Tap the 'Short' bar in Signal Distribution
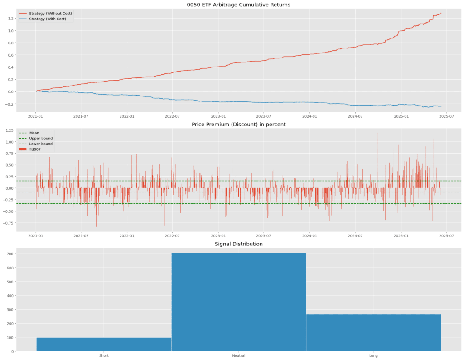click(x=104, y=344)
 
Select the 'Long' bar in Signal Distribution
click(x=373, y=332)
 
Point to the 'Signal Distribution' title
click(x=238, y=244)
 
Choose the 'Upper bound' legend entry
click(x=41, y=138)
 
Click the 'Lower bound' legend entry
click(x=41, y=144)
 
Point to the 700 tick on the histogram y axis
click(x=9, y=254)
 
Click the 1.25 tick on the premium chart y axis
click(x=9, y=131)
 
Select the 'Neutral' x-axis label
click(x=239, y=355)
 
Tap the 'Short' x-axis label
click(x=104, y=355)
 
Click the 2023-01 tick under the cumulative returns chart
click(x=218, y=116)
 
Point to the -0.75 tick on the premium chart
click(x=8, y=223)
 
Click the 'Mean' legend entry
click(x=34, y=133)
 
